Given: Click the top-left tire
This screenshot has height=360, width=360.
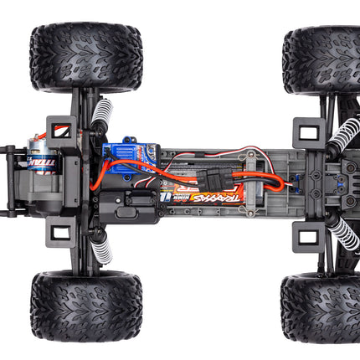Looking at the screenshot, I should (85, 57).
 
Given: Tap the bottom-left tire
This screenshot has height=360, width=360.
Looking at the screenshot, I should (85, 306).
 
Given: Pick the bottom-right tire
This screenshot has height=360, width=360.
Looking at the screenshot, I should (322, 307).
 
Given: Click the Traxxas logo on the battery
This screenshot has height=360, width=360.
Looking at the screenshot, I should (213, 198).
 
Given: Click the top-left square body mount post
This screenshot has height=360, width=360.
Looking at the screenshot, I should (61, 131).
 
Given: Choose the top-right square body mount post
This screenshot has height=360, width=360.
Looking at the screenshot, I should (308, 133).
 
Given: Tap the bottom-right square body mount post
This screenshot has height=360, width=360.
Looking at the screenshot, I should (308, 236).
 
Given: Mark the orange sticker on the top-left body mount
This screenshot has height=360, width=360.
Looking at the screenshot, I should (59, 131).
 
